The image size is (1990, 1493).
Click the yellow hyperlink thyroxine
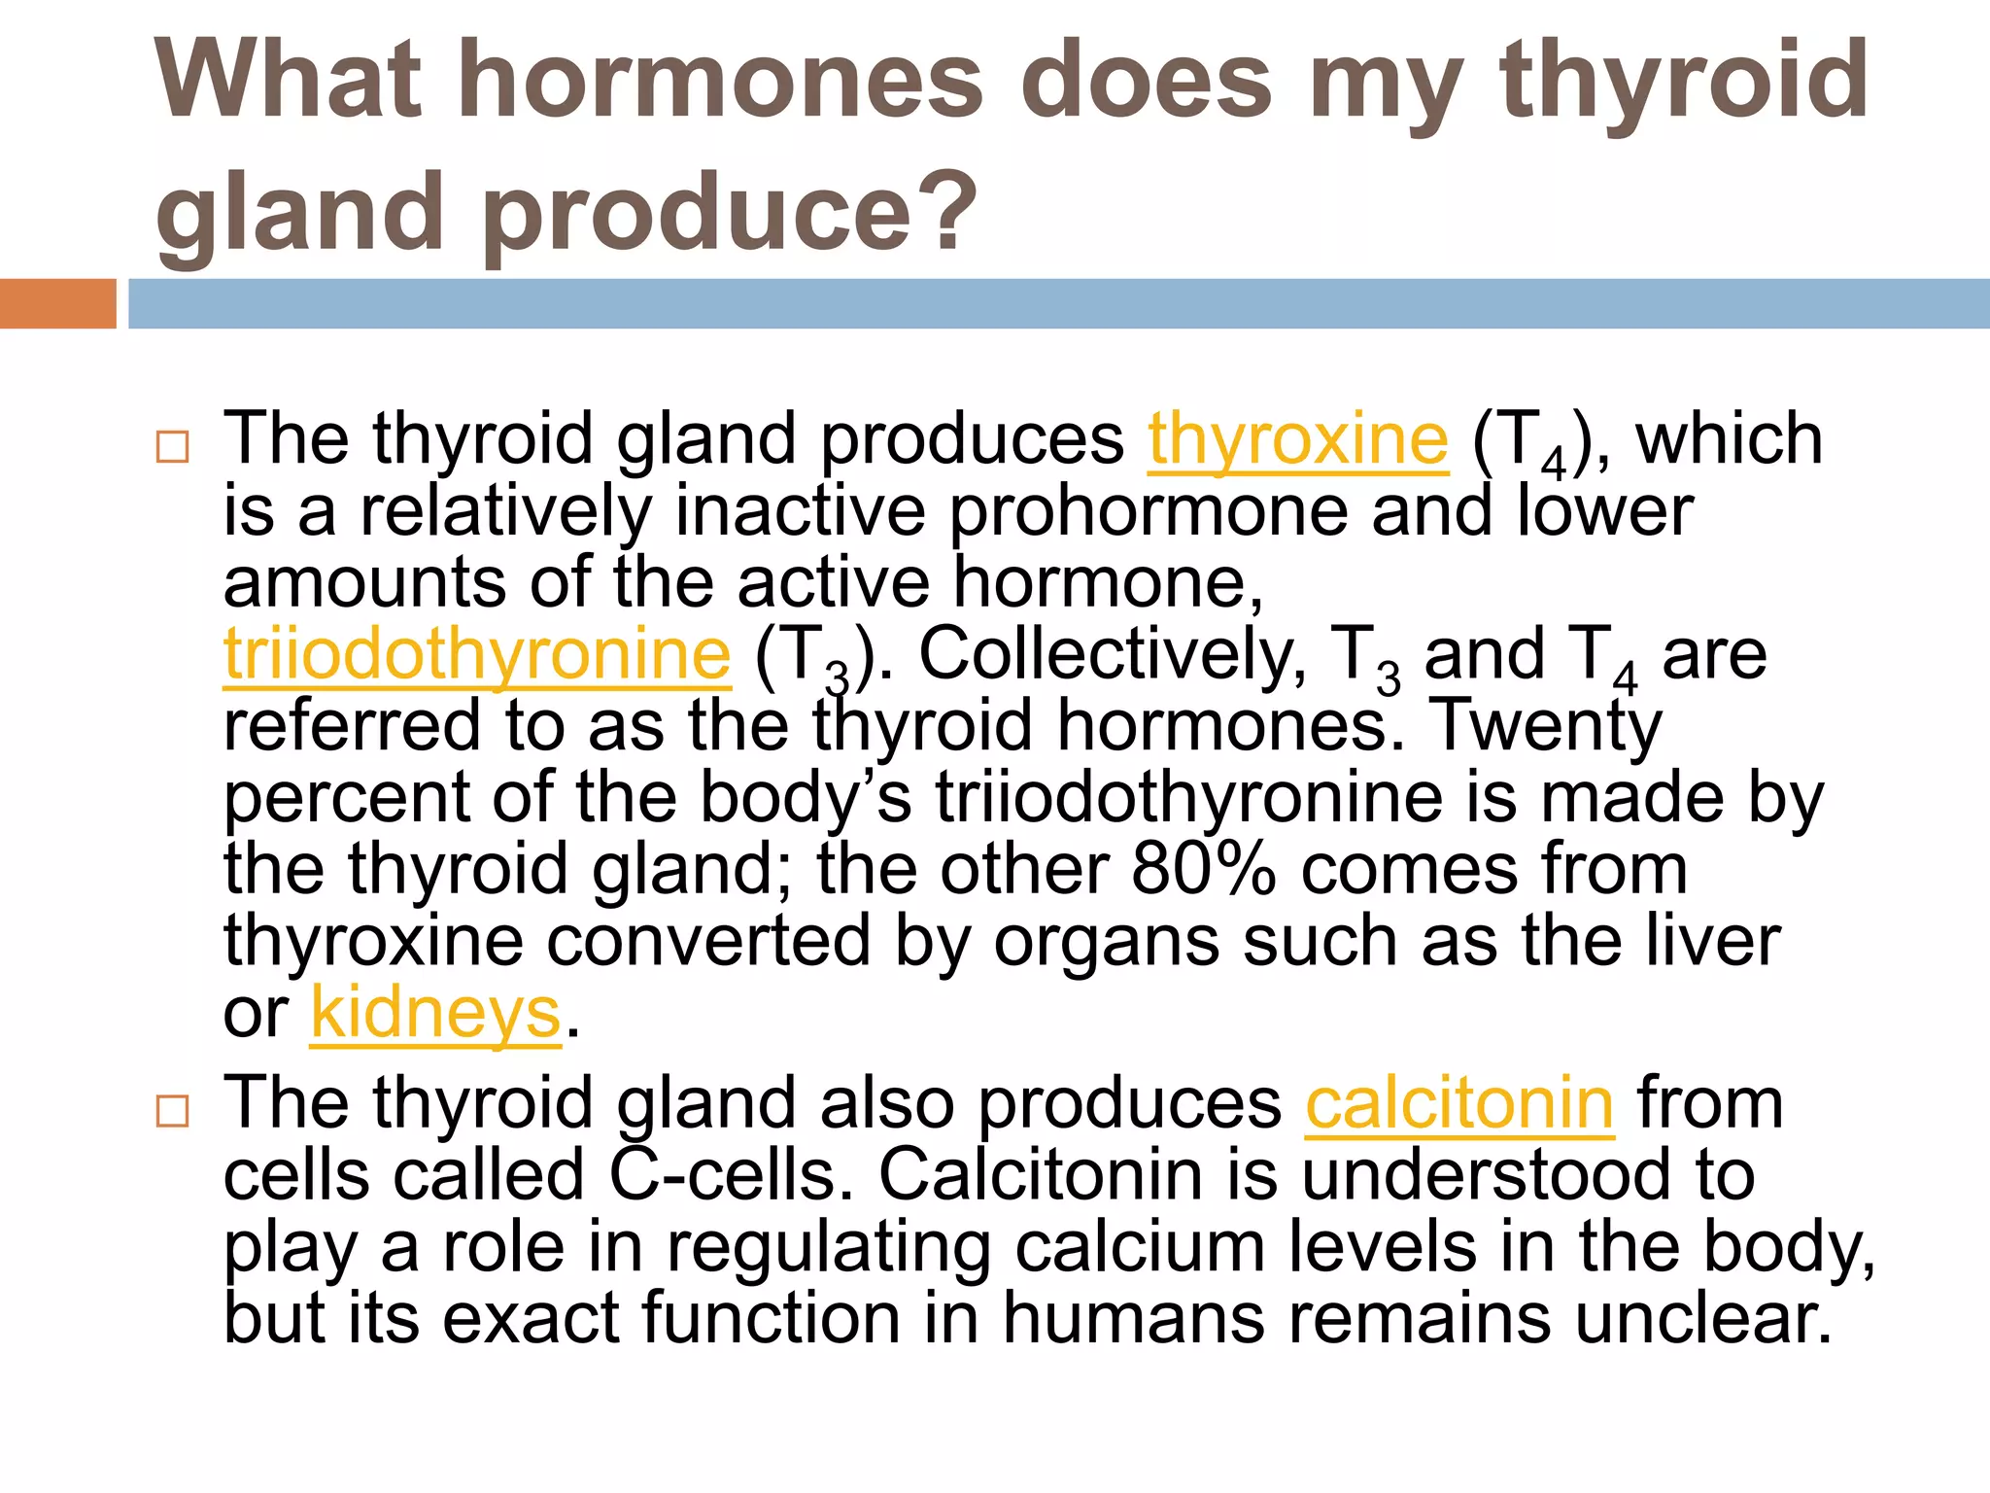(x=1298, y=440)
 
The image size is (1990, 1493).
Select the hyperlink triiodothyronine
(x=477, y=655)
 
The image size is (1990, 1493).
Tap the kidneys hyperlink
(x=435, y=1014)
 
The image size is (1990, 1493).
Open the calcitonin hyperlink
(x=1459, y=1104)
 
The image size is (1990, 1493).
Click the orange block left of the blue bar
(x=57, y=303)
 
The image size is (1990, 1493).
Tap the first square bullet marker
(x=172, y=447)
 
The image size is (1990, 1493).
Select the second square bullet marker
(x=172, y=1111)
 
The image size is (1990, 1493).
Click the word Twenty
(x=1549, y=726)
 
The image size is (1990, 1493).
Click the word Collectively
(x=1113, y=655)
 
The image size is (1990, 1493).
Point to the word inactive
(x=800, y=511)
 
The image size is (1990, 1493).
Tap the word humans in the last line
(x=1133, y=1319)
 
